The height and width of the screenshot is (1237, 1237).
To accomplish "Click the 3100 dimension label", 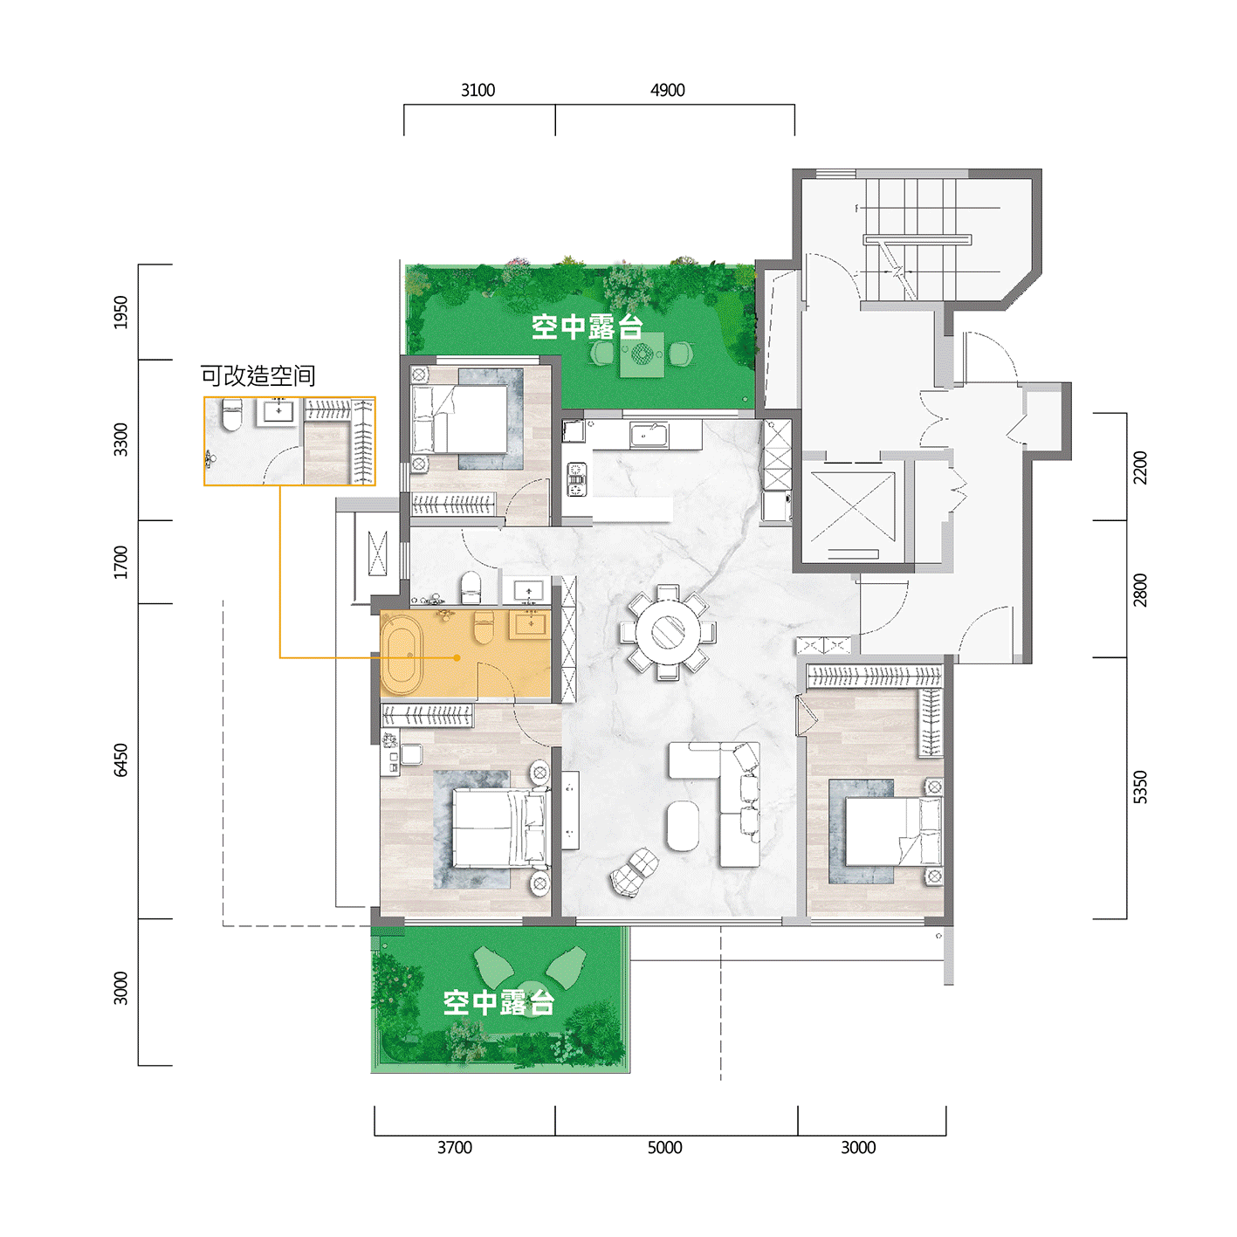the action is [478, 91].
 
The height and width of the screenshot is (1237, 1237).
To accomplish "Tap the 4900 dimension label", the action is [667, 91].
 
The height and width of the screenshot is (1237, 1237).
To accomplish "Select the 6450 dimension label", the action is [120, 759].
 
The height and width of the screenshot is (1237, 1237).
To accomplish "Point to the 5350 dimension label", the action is [1138, 787].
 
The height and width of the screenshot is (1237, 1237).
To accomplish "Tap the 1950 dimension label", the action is [120, 312].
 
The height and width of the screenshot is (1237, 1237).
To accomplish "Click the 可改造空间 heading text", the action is [258, 375].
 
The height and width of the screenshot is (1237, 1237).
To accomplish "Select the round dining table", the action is [668, 632].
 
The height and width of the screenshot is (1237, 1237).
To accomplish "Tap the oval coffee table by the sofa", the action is [682, 825].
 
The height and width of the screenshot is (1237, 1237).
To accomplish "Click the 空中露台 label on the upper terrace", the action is [587, 326].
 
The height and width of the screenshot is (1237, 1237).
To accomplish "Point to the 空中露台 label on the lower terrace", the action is [498, 1002].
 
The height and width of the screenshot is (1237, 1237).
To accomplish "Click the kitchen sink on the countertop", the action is [649, 436].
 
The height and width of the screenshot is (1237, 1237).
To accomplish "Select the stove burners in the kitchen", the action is [576, 479].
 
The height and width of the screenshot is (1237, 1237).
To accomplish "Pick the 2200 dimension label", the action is [1138, 467].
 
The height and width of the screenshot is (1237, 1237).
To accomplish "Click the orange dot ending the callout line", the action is [457, 657].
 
